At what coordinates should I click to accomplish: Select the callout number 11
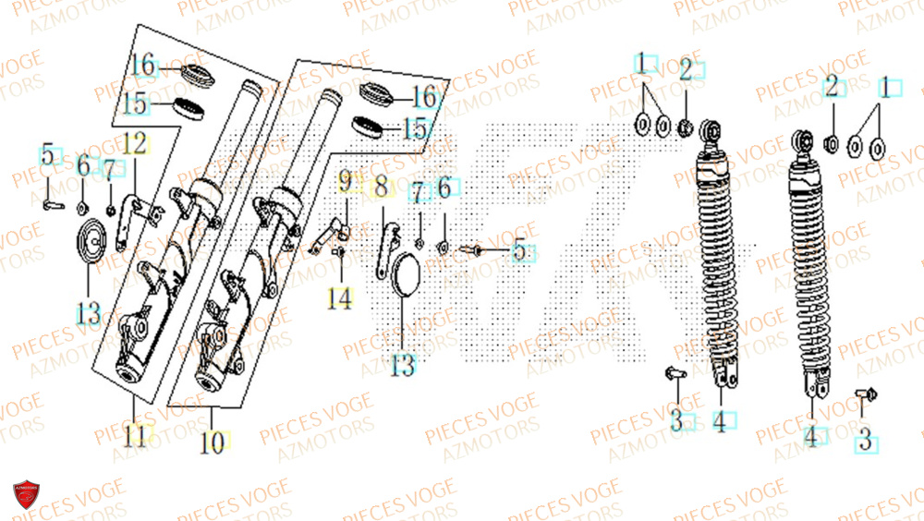pos(135,435)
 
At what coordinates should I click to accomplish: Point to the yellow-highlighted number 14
pos(340,298)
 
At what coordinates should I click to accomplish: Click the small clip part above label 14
pos(339,249)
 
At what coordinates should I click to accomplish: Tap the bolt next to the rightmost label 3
pos(869,394)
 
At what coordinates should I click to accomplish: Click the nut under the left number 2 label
pos(686,126)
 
